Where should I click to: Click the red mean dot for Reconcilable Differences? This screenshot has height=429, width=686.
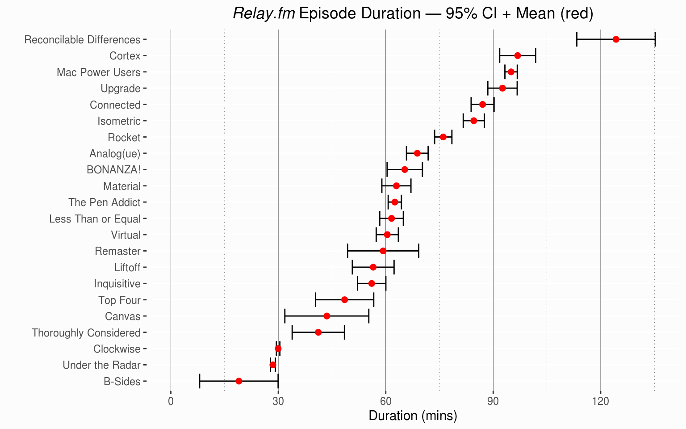[616, 39]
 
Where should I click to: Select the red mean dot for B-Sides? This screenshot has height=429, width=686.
[239, 381]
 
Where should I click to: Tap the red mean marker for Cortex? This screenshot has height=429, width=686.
[518, 55]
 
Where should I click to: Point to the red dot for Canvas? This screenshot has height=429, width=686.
[327, 316]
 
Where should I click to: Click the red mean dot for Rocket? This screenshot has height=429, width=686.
[443, 137]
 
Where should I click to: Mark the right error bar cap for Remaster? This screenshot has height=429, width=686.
[418, 251]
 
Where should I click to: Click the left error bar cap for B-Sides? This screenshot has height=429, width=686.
[200, 381]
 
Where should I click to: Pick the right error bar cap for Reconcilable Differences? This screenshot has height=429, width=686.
[655, 39]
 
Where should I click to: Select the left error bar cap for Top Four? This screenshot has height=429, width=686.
[316, 299]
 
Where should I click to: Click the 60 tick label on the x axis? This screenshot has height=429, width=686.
[385, 401]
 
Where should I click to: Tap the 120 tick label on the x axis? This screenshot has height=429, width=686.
[600, 401]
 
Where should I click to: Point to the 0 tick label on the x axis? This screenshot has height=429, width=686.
[171, 401]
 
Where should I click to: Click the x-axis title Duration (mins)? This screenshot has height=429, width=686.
[413, 416]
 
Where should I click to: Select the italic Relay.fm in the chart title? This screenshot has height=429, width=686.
[264, 14]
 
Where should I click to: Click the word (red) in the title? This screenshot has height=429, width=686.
[577, 14]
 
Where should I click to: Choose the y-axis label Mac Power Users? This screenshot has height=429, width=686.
[98, 72]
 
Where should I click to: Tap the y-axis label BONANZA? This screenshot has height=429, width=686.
[113, 170]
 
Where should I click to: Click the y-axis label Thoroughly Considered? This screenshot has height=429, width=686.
[86, 333]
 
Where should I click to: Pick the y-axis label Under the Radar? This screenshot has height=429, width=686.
[101, 365]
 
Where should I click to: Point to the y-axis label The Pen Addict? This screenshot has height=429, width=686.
[105, 202]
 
